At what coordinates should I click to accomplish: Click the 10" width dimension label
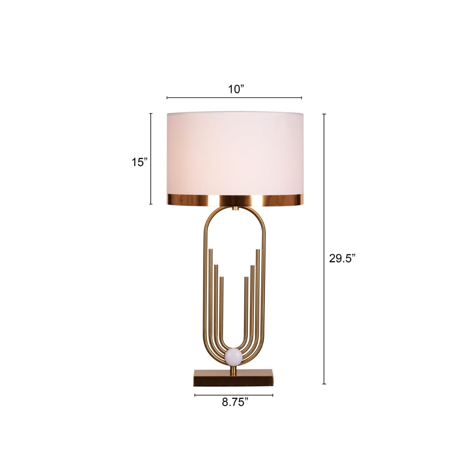[236, 89]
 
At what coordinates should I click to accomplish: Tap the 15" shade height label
[139, 162]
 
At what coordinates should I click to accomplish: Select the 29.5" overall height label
[342, 258]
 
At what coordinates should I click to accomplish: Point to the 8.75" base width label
[235, 402]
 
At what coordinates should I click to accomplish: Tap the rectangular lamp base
[234, 377]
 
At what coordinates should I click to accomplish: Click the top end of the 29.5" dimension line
[324, 114]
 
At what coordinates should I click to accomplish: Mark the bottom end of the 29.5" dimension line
[324, 384]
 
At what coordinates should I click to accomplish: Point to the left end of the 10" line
[167, 98]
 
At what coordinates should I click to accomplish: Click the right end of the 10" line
[302, 98]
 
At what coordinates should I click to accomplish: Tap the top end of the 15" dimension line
[151, 113]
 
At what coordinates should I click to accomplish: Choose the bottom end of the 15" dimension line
[151, 204]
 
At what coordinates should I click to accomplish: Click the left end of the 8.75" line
[195, 395]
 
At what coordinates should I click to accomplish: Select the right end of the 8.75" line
[273, 395]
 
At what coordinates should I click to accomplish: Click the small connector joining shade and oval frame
[234, 208]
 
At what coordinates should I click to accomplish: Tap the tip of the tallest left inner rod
[211, 249]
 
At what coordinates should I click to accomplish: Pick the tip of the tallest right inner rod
[258, 249]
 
